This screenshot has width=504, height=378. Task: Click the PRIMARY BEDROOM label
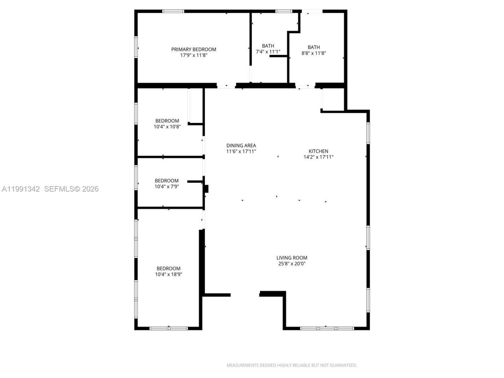(193, 49)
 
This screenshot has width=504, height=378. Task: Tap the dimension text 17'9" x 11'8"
(193, 56)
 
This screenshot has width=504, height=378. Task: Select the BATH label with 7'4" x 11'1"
(268, 46)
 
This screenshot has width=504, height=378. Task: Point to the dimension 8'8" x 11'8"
(314, 53)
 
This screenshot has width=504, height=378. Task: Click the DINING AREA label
(241, 145)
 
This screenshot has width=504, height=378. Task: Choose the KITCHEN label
(318, 151)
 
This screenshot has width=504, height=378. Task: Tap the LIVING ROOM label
(292, 258)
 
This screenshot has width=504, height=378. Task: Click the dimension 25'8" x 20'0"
(292, 264)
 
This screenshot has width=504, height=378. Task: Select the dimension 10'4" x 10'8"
(167, 127)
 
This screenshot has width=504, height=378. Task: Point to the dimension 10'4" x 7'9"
(167, 187)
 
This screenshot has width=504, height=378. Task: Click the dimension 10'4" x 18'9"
(169, 274)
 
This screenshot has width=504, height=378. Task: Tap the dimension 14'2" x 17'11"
(318, 157)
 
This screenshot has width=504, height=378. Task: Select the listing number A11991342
(21, 189)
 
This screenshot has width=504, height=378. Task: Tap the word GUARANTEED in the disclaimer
(344, 365)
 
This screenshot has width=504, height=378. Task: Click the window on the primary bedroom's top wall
(173, 11)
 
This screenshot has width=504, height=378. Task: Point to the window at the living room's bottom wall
(327, 328)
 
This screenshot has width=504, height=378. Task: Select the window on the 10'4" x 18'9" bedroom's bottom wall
(169, 328)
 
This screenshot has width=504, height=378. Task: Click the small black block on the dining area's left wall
(206, 189)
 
